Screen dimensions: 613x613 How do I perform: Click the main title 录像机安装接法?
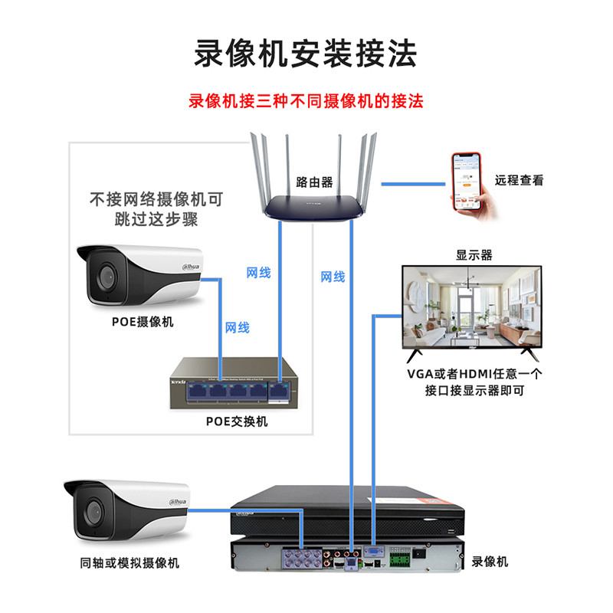tap(306, 54)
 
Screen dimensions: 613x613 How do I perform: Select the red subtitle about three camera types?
tap(306, 101)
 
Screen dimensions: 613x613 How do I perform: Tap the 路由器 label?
tap(314, 182)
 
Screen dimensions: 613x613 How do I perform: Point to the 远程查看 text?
tap(519, 181)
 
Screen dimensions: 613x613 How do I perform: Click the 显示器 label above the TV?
tap(474, 255)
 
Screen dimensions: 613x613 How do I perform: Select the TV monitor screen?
tap(471, 307)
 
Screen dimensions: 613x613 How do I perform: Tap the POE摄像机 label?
tap(143, 322)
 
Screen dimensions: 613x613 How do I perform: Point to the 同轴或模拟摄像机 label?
tap(129, 563)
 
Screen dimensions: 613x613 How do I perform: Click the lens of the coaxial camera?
tap(93, 510)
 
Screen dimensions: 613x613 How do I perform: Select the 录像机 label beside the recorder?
tap(490, 562)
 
